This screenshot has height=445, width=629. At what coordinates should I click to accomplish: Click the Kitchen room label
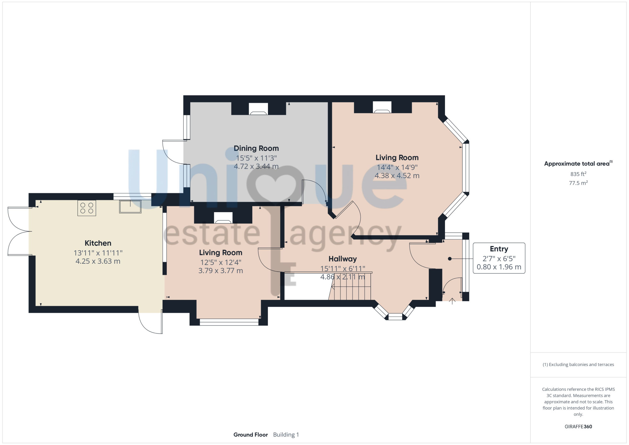[98, 243]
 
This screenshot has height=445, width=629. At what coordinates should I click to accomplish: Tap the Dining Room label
[256, 148]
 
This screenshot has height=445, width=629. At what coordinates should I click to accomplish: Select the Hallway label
[342, 259]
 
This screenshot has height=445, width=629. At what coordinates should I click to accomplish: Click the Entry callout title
[499, 249]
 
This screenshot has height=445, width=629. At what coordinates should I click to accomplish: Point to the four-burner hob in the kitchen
[87, 208]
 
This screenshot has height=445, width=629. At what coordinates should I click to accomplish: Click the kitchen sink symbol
[130, 207]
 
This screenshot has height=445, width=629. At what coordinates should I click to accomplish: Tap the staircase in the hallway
[350, 286]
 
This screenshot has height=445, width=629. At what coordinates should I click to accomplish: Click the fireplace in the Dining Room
[258, 109]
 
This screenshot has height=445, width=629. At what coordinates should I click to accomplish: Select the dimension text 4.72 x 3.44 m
[256, 166]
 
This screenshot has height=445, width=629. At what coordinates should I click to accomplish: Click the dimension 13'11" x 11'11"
[98, 253]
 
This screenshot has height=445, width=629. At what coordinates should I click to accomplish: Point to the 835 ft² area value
[578, 174]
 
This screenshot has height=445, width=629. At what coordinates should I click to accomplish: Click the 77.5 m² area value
[578, 183]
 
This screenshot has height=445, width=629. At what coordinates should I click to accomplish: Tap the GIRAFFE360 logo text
[578, 427]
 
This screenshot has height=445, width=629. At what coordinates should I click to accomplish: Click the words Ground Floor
[251, 435]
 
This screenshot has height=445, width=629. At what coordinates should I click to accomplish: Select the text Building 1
[286, 435]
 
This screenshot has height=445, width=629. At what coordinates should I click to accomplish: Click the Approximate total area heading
[578, 163]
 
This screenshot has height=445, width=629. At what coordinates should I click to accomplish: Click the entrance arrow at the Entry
[452, 301]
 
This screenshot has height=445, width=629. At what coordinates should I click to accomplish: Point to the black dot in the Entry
[450, 259]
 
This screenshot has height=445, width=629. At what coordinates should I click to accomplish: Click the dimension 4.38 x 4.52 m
[397, 176]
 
